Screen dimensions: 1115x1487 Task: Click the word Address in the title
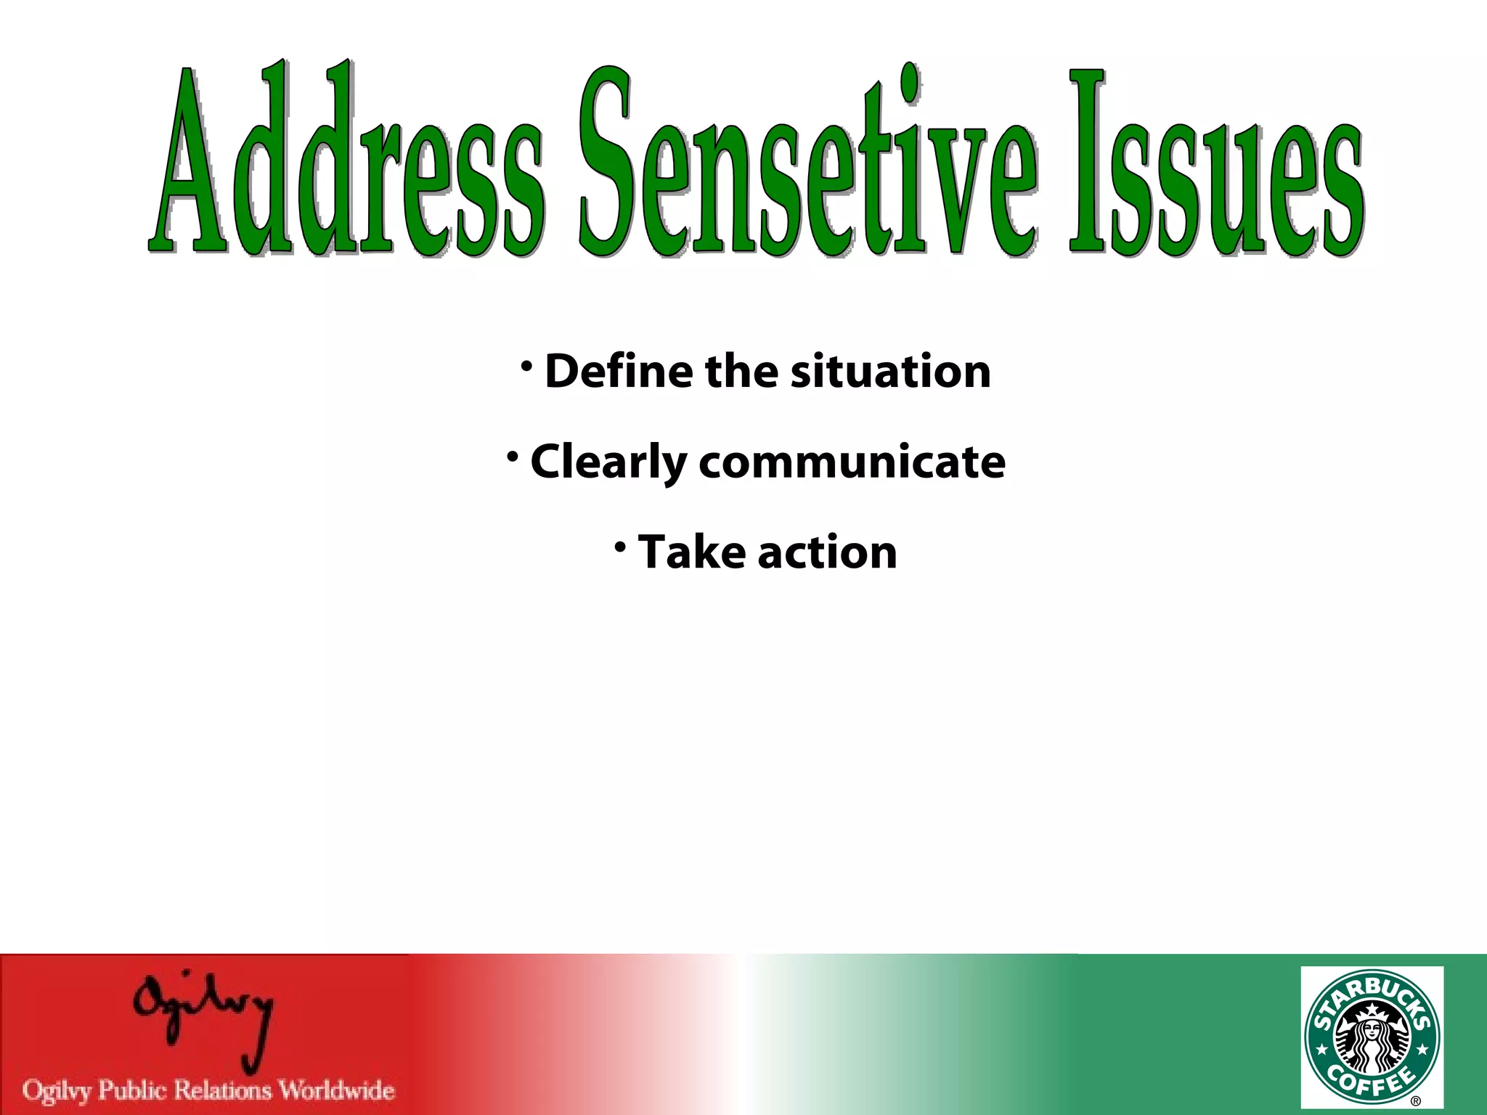pyautogui.click(x=347, y=163)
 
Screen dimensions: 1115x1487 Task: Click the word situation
pyautogui.click(x=890, y=372)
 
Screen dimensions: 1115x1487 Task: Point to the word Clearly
pyautogui.click(x=608, y=462)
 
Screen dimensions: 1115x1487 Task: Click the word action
pyautogui.click(x=827, y=553)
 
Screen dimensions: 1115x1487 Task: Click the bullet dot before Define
pyautogui.click(x=527, y=366)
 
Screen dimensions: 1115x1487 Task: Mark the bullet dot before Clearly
pyautogui.click(x=513, y=457)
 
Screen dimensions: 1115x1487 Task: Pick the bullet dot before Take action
pyautogui.click(x=620, y=547)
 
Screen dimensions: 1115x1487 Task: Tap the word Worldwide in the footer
pyautogui.click(x=337, y=1090)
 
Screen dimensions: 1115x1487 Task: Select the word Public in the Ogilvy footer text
pyautogui.click(x=132, y=1091)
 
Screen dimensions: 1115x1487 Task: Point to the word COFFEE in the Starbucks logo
pyautogui.click(x=1371, y=1084)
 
